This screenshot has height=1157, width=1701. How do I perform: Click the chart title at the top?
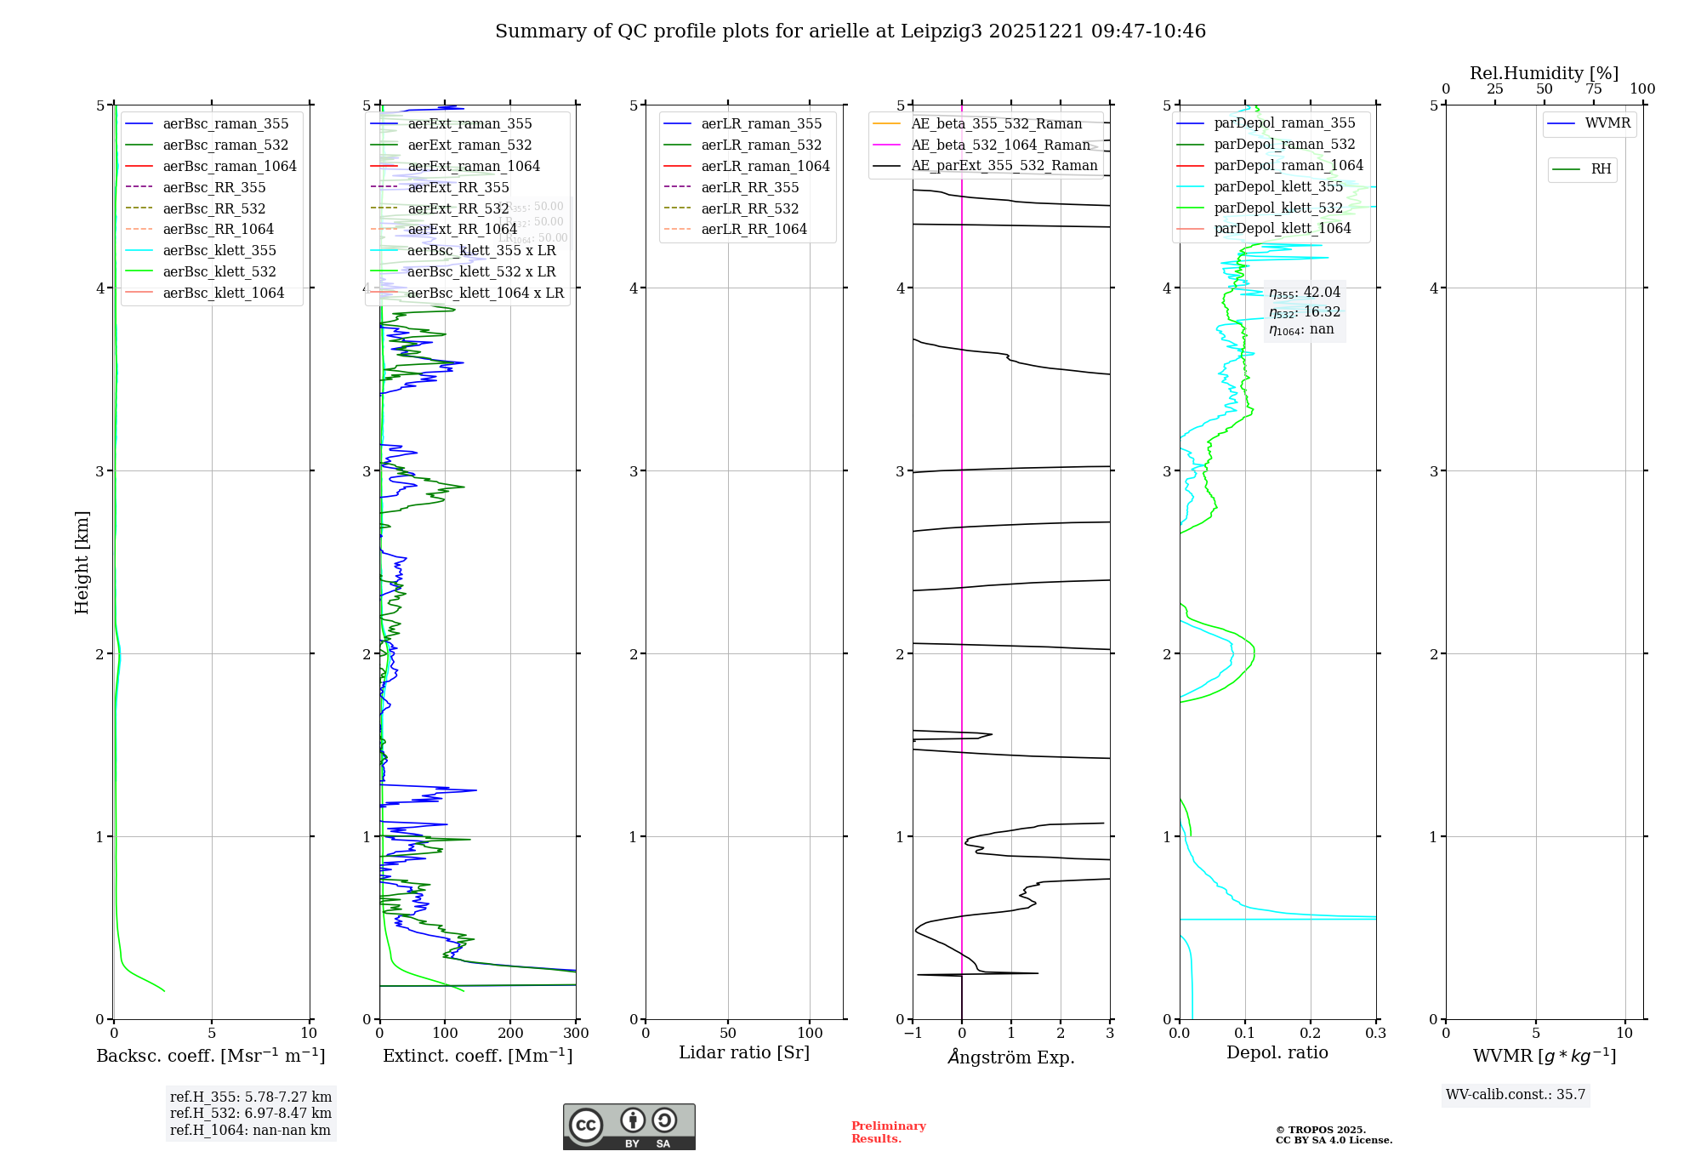click(850, 31)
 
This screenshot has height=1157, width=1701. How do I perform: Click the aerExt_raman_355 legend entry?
click(469, 124)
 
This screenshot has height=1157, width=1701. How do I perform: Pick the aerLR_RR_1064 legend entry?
click(754, 230)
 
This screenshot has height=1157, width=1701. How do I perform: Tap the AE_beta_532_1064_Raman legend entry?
click(1000, 145)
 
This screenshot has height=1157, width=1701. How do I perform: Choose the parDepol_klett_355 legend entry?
click(1278, 187)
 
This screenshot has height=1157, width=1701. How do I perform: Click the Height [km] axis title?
click(82, 562)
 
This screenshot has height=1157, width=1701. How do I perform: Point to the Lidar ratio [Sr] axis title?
click(744, 1053)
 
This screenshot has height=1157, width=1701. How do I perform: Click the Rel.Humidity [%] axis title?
click(1544, 73)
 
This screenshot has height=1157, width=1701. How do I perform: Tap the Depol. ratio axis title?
click(1277, 1053)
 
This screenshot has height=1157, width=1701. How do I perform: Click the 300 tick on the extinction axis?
click(576, 1034)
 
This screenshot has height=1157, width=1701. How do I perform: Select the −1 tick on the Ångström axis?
click(913, 1034)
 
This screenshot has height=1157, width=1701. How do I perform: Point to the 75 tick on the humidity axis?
click(1593, 89)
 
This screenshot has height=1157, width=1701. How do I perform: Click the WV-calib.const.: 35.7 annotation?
click(1516, 1095)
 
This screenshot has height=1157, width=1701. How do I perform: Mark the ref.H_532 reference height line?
click(250, 1114)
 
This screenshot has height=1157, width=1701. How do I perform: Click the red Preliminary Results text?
click(888, 1132)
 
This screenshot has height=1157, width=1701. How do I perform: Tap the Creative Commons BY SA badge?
click(629, 1127)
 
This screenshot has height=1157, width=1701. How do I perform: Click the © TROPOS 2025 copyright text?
click(1333, 1135)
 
